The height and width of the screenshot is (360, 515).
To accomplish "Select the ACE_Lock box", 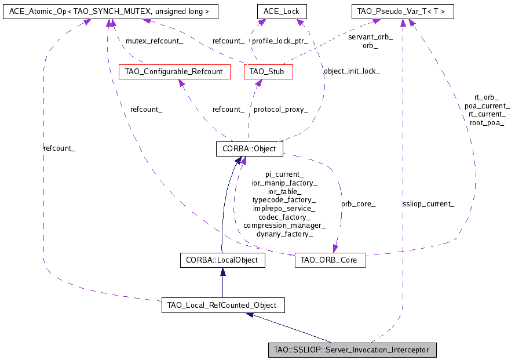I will pos(282,11).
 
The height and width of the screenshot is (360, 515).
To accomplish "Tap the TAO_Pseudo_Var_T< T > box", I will pos(403,11).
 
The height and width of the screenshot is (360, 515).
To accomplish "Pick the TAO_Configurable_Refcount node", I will pos(174,72).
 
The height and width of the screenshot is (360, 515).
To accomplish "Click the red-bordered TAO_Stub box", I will pos(268,72).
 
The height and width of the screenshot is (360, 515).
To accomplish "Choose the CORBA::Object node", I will pos(249,149).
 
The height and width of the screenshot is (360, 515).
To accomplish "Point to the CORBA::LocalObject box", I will pos(222,261).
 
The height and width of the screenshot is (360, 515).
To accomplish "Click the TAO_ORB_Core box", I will pos(330,261).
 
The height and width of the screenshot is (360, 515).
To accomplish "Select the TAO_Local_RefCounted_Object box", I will pos(222,305).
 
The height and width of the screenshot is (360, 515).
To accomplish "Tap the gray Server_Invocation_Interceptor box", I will pos(352,350).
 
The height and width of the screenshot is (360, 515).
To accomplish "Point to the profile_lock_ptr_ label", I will pos(280,41).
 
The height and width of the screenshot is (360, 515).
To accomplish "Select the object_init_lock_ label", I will pos(352,71).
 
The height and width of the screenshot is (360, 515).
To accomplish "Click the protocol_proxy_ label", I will pos(280,109).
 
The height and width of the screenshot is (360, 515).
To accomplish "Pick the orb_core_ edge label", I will pos(358,203).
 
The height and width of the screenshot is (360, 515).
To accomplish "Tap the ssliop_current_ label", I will pos(428,203).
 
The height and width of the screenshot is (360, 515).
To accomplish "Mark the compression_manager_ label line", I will pos(284,226).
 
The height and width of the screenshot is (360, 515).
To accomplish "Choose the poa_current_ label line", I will pos(487,106).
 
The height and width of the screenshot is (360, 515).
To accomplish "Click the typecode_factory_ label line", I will pos(284,199).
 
